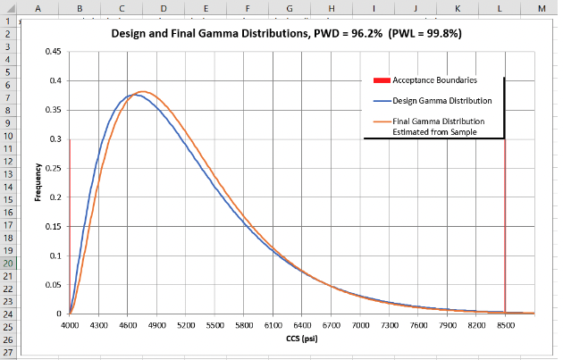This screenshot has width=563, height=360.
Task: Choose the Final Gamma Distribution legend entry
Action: (x=438, y=126)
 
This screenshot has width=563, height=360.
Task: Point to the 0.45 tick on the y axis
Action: (x=54, y=52)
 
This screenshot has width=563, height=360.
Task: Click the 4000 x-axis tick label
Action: (x=70, y=325)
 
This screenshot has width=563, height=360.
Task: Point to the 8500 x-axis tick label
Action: (x=505, y=325)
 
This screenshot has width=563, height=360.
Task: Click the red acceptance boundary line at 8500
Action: (x=505, y=223)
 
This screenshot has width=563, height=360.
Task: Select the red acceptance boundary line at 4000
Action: (x=69, y=223)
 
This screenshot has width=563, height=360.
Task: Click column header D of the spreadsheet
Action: (x=163, y=7)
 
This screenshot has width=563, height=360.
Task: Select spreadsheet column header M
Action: (x=542, y=7)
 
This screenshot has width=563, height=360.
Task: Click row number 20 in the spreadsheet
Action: (x=7, y=264)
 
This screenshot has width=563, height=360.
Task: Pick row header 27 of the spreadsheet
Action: (x=7, y=353)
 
